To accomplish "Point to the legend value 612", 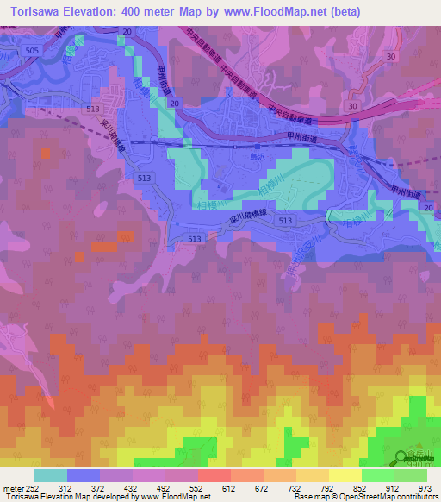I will [227, 487].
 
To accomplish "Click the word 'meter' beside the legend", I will [9, 487].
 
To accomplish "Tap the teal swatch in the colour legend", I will [50, 475].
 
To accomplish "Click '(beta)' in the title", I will [344, 10].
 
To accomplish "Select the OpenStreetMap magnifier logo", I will [402, 457].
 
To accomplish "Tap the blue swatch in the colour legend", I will [83, 475].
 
